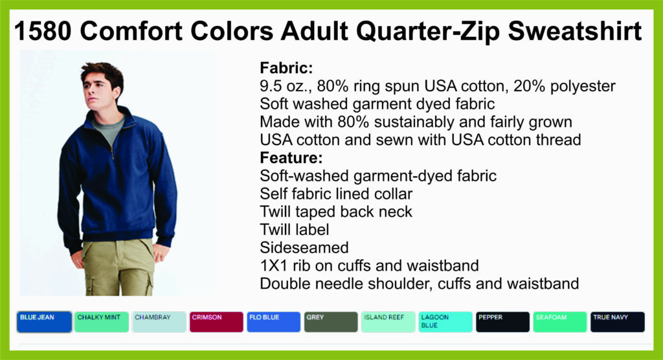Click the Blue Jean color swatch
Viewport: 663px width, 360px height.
point(45,322)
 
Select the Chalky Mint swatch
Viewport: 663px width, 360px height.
point(102,322)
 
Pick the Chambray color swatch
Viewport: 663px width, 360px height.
point(159,322)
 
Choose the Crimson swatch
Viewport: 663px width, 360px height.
point(216,322)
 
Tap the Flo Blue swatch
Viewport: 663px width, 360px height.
point(274,322)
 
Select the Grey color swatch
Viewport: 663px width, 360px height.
point(331,322)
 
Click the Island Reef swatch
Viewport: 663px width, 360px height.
point(388,322)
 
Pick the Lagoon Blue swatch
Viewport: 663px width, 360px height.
point(445,322)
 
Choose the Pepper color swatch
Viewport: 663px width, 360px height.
point(502,322)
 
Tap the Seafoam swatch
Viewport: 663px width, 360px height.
point(560,322)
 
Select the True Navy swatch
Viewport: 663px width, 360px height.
point(618,322)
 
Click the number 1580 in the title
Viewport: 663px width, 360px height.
point(42,31)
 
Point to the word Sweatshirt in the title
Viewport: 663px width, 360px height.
point(575,31)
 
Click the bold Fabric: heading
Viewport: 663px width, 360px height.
point(286,68)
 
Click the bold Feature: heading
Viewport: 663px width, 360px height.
point(291,158)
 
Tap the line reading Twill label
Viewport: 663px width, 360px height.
point(295,230)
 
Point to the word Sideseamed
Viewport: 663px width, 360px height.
point(304,247)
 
